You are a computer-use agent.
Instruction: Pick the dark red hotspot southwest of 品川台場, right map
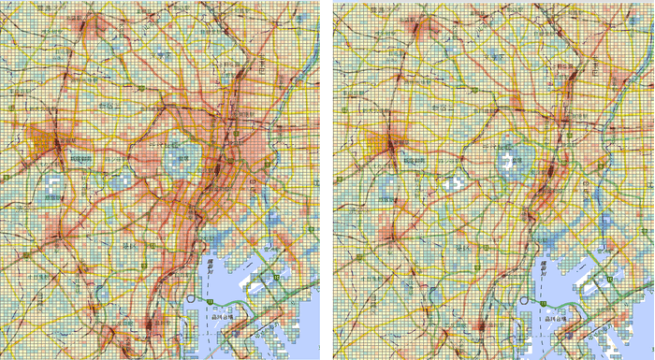point(483,326)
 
